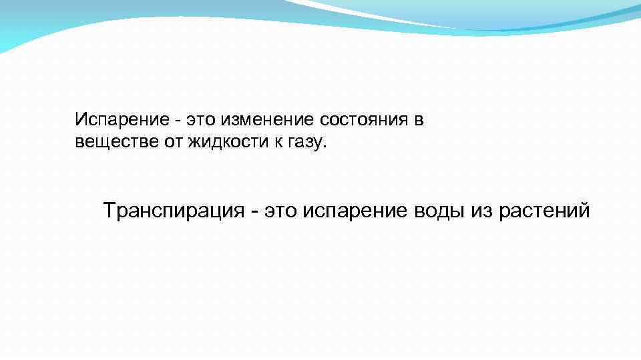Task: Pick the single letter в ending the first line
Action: (419, 121)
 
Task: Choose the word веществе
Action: (113, 141)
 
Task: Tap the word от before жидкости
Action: (168, 141)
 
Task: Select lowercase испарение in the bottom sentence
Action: (361, 212)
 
